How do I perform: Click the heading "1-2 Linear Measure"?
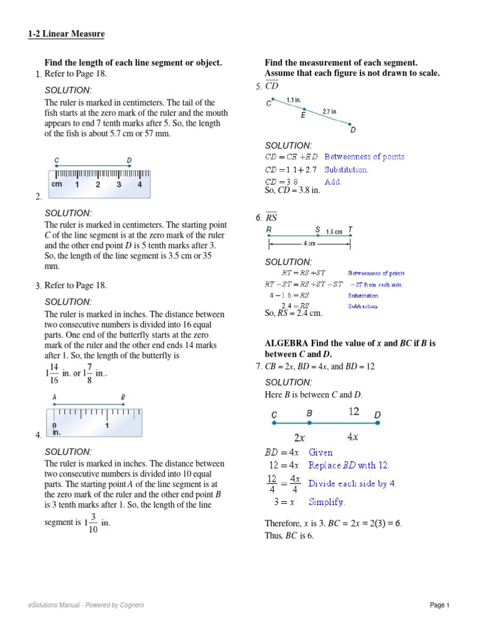point(66,34)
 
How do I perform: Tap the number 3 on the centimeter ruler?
point(118,185)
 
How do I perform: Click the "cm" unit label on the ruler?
point(57,185)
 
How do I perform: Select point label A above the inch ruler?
point(55,397)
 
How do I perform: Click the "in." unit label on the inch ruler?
point(57,432)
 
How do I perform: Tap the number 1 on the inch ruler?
point(108,425)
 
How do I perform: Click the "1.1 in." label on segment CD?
point(294,100)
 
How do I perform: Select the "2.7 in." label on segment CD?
point(329,112)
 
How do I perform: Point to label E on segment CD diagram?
point(303,116)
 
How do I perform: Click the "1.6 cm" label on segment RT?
point(334,231)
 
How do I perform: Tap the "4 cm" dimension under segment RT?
point(309,243)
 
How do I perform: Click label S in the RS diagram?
point(317,230)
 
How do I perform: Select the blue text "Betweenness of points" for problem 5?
point(364,157)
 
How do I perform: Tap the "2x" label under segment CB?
point(300,437)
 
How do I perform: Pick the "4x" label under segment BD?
point(352,437)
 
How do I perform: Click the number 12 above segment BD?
point(354,411)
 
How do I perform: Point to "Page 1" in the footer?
point(439,605)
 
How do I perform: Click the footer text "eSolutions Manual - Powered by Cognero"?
point(86,605)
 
